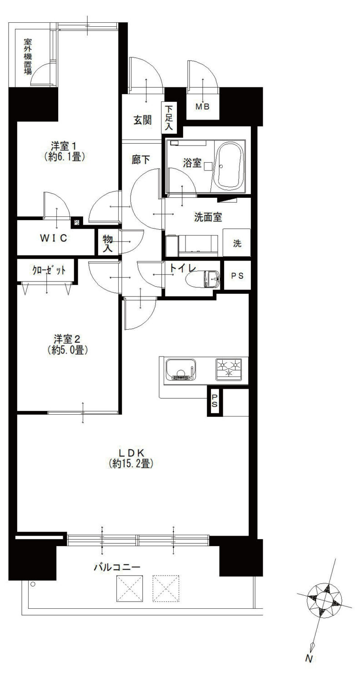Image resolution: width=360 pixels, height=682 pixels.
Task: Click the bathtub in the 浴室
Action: point(229,165)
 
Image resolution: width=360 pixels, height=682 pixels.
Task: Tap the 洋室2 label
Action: point(68,344)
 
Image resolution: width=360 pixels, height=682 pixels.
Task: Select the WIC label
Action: point(54,238)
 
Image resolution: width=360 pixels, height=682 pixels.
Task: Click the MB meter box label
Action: point(202,107)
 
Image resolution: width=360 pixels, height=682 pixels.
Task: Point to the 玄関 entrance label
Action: point(142,120)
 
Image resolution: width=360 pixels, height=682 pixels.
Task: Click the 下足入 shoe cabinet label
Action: point(168,117)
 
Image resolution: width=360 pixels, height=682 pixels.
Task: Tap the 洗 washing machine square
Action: point(237,243)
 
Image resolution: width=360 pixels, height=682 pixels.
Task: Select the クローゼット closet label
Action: point(49,270)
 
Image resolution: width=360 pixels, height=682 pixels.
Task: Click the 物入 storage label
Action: point(107,243)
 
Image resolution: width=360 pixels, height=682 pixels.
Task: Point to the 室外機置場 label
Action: point(28,57)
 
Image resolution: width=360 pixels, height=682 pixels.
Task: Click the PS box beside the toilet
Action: point(237,276)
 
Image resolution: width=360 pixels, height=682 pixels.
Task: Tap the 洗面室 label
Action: point(208,217)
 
